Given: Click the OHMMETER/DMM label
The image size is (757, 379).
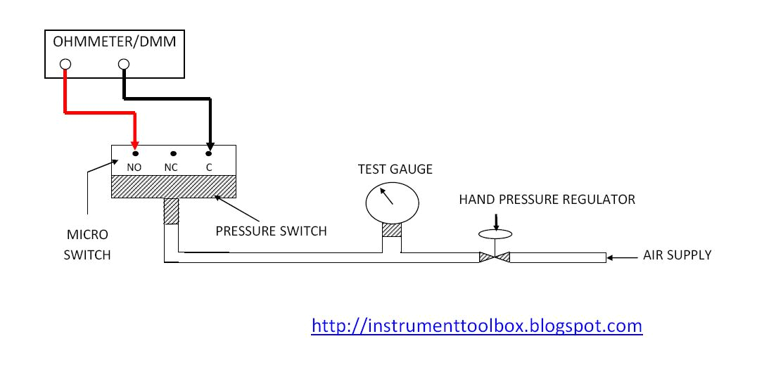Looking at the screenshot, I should click(114, 42).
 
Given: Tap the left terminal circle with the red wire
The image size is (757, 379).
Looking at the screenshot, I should click(65, 65).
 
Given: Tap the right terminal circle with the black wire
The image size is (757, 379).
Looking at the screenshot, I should click(124, 65).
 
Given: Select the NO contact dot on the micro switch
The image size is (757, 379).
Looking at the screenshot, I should click(134, 153).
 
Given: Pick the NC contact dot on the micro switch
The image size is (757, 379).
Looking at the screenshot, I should click(173, 153).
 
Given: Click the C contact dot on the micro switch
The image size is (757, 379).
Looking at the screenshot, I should click(209, 153).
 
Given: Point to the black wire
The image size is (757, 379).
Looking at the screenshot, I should click(169, 98).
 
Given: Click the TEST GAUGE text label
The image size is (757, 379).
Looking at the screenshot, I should click(395, 169).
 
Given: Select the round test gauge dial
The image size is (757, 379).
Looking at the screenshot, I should click(391, 203).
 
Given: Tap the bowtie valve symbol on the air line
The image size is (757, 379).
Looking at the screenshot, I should click(494, 257).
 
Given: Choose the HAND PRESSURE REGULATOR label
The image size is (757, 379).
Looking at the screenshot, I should click(547, 200).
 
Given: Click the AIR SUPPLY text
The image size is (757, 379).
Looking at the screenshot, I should click(677, 255).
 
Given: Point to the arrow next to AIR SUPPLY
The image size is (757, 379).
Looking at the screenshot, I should click(621, 258).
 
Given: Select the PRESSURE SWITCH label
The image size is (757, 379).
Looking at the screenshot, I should click(271, 231).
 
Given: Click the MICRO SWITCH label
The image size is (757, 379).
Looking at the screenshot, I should click(87, 243).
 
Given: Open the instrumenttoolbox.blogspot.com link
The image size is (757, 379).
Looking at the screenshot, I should click(476, 326).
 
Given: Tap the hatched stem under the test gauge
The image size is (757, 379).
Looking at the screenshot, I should click(391, 230).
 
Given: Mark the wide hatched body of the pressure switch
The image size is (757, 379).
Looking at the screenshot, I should click(173, 186).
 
